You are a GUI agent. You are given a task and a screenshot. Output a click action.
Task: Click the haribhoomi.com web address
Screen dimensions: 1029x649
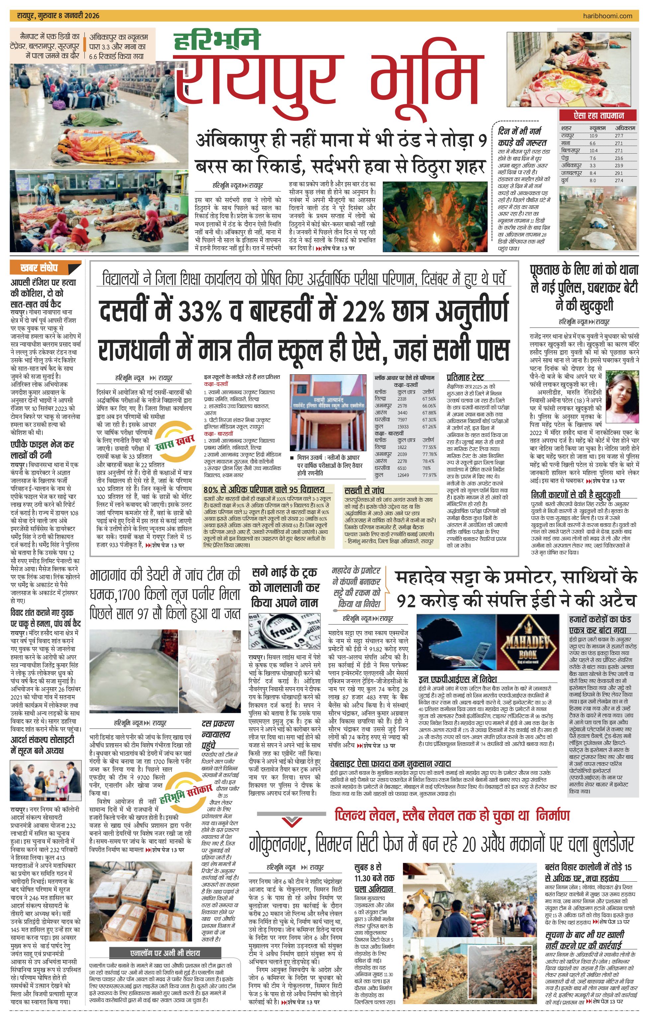(607, 16)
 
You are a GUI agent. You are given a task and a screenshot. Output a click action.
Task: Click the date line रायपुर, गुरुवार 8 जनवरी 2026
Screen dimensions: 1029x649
(58, 16)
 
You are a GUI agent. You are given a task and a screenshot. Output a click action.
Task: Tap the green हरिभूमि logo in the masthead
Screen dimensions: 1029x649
(217, 40)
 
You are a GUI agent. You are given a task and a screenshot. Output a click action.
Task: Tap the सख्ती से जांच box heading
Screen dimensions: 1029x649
(364, 490)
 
